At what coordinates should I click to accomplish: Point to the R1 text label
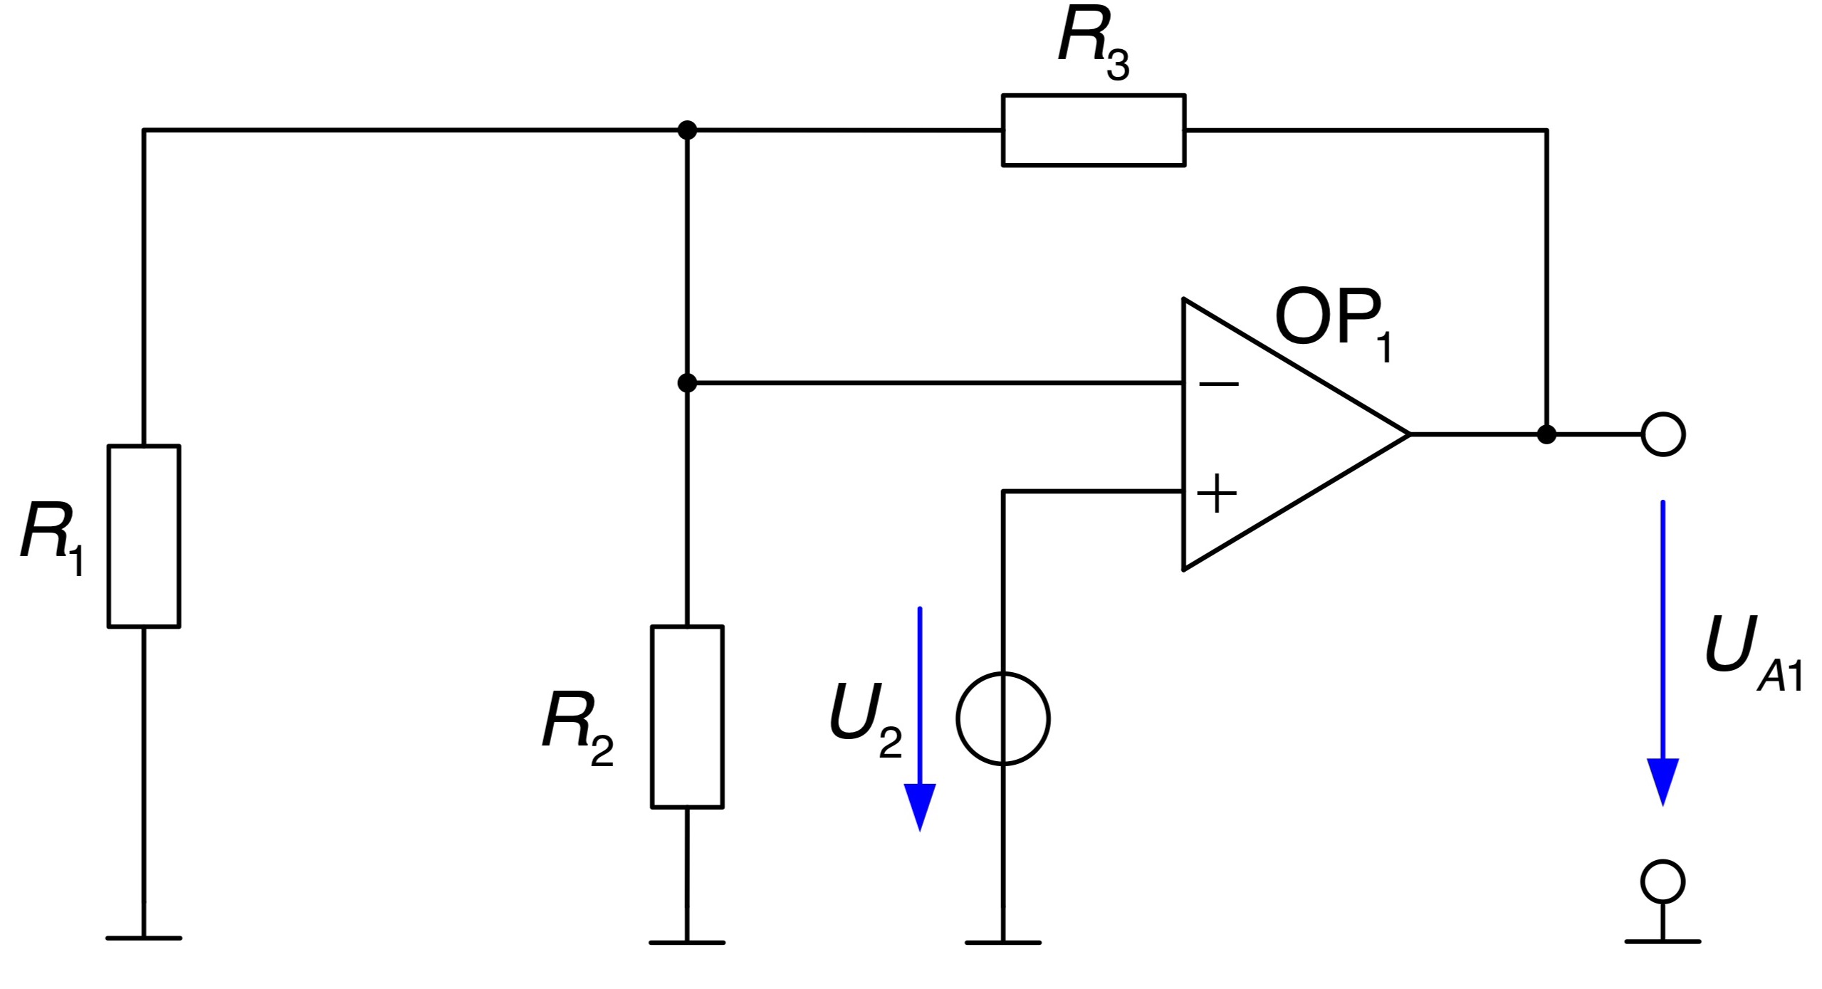[x=53, y=537]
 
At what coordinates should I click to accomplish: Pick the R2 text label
[x=577, y=728]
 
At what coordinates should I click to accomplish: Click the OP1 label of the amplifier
[x=1334, y=323]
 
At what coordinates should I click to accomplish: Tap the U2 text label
[x=866, y=720]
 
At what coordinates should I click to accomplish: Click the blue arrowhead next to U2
[x=920, y=807]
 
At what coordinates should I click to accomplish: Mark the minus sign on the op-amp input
[x=1219, y=384]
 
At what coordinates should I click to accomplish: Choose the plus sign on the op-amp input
[x=1217, y=493]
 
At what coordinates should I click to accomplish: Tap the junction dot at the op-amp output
[x=1546, y=434]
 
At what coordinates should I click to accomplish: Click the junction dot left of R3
[x=687, y=130]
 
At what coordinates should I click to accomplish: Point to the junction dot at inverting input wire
[x=687, y=383]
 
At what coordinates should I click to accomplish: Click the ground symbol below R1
[x=144, y=938]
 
